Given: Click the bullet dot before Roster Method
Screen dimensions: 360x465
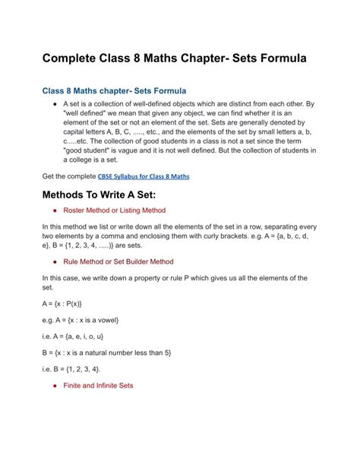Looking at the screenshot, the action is [55, 210].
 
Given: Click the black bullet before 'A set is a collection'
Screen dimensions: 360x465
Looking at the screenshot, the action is [55, 103].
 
